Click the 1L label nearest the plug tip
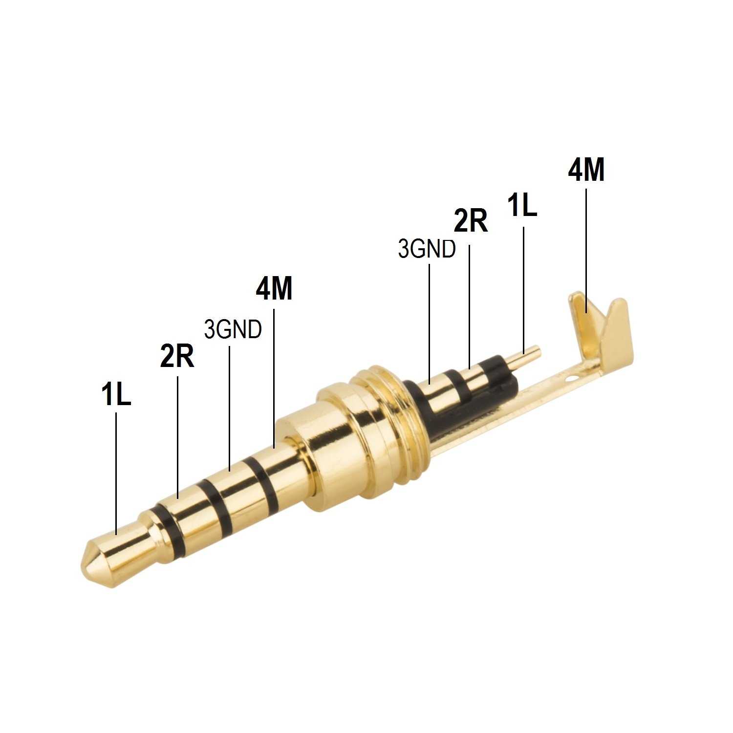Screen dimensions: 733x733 pos(116,395)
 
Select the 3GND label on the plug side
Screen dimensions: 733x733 pos(233,330)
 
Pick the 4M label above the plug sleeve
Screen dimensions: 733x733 pos(274,289)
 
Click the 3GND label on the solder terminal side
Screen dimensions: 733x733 pos(427,249)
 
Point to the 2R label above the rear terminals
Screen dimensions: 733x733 pos(471,221)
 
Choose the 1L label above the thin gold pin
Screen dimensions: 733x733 pos(522,205)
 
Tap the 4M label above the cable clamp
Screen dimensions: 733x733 pos(586,170)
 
